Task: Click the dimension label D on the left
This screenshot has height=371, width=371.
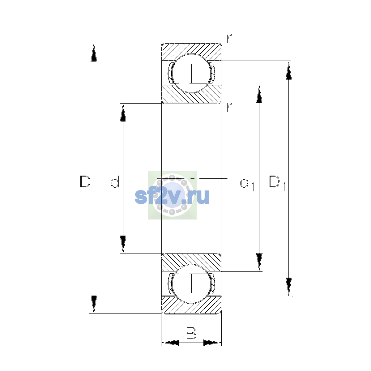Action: click(85, 181)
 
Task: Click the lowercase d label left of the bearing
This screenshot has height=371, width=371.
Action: click(115, 181)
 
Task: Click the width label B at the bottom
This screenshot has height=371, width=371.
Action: click(191, 333)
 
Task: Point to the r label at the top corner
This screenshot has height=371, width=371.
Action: click(229, 39)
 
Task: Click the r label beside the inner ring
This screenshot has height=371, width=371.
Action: click(229, 107)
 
